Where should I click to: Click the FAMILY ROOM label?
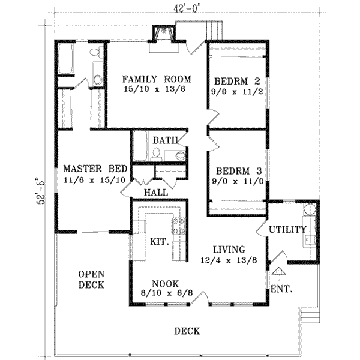pyautogui.click(x=157, y=79)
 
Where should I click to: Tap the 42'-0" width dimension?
pyautogui.click(x=185, y=9)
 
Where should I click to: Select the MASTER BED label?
pyautogui.click(x=95, y=169)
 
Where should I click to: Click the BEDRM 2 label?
pyautogui.click(x=237, y=81)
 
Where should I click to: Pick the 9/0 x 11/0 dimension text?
pyautogui.click(x=238, y=182)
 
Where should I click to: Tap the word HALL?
pyautogui.click(x=156, y=193)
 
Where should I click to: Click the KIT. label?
pyautogui.click(x=160, y=242)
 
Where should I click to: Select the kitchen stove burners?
pyautogui.click(x=179, y=226)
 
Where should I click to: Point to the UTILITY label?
pyautogui.click(x=287, y=229)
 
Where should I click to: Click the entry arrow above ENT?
pyautogui.click(x=279, y=274)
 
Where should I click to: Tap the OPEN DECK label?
pyautogui.click(x=91, y=280)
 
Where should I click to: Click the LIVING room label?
pyautogui.click(x=229, y=250)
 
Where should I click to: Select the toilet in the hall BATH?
pyautogui.click(x=157, y=154)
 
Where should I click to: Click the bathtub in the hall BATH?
pyautogui.click(x=140, y=146)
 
